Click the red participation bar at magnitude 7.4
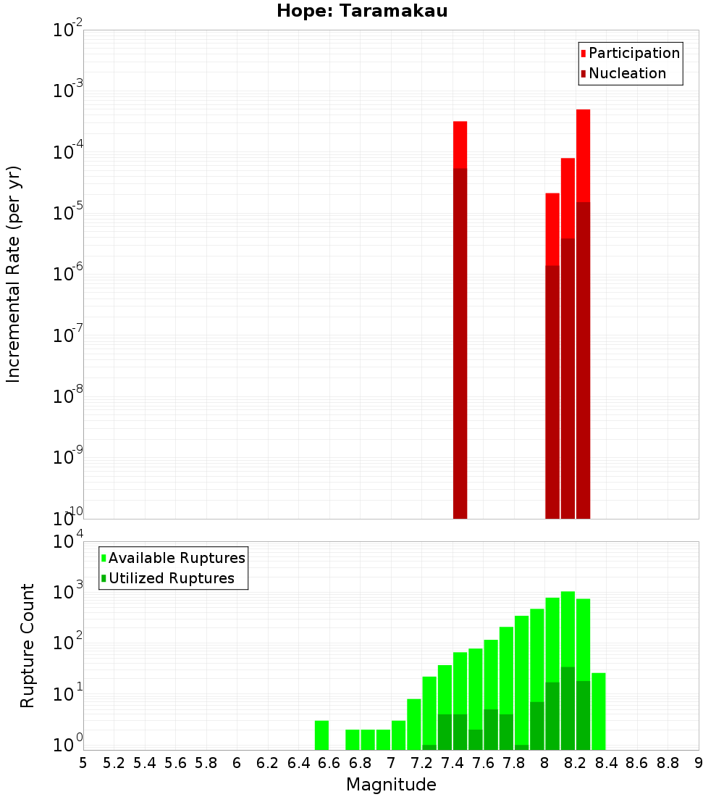point(460,145)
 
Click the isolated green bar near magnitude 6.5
point(321,735)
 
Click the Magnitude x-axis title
point(391,785)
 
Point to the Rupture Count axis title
point(28,645)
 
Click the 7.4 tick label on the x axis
point(452,763)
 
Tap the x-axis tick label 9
point(699,763)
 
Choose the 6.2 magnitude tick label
point(268,763)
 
